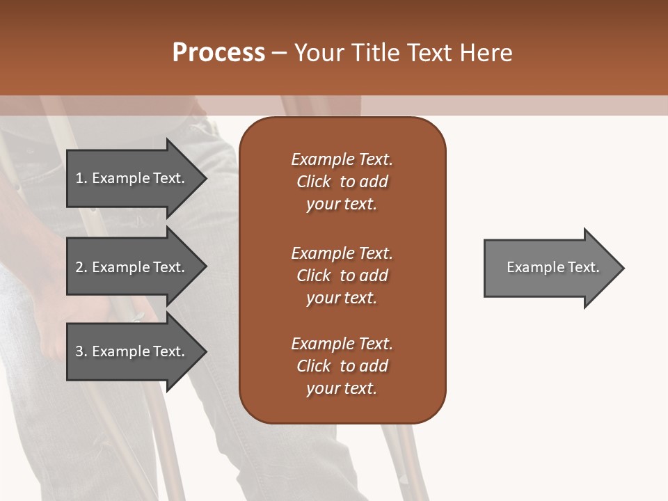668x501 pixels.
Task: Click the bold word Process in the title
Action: coord(218,53)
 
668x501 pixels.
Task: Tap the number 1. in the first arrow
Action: coord(81,178)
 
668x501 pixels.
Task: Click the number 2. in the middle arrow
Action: coord(81,267)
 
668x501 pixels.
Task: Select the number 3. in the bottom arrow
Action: coord(81,351)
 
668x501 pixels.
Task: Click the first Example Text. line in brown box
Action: coord(342,159)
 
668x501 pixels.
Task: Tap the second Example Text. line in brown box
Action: coord(342,253)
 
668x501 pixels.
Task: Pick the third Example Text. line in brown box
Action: coord(342,344)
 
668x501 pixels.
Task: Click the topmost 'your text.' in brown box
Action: coord(342,205)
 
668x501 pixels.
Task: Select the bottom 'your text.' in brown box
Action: coord(342,389)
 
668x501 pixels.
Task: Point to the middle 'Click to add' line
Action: coord(342,276)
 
